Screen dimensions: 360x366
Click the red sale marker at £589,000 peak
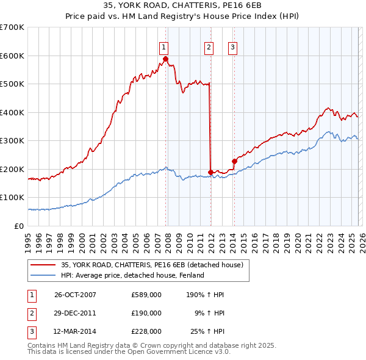coord(165,59)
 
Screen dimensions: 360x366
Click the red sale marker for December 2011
coord(210,172)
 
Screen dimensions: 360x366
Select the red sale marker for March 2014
coord(234,161)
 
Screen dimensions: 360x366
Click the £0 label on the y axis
coord(20,226)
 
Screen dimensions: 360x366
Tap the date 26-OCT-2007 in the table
coord(75,295)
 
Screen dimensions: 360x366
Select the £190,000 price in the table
coord(146,313)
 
